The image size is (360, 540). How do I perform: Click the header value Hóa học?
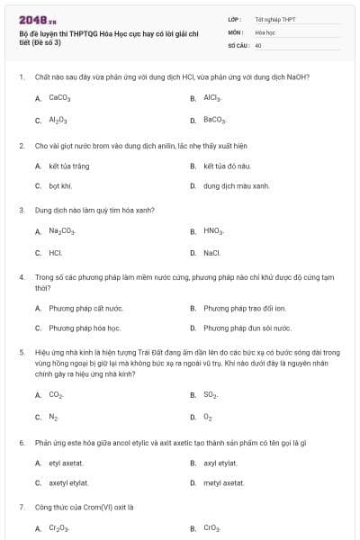[x=265, y=31]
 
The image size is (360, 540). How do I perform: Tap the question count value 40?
[x=258, y=44]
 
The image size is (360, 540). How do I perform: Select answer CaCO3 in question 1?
[x=59, y=98]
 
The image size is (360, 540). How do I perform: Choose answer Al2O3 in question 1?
[x=58, y=120]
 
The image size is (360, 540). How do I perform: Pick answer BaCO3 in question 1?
[x=214, y=120]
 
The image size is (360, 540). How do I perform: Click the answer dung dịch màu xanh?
[x=236, y=186]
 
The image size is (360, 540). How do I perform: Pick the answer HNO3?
[x=212, y=231]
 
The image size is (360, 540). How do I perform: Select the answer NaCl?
[x=211, y=253]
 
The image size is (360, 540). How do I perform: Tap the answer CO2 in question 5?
[x=56, y=394]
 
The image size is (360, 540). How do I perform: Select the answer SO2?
[x=211, y=394]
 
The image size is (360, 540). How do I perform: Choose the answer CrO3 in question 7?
[x=211, y=528]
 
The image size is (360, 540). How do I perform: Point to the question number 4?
[x=21, y=277]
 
